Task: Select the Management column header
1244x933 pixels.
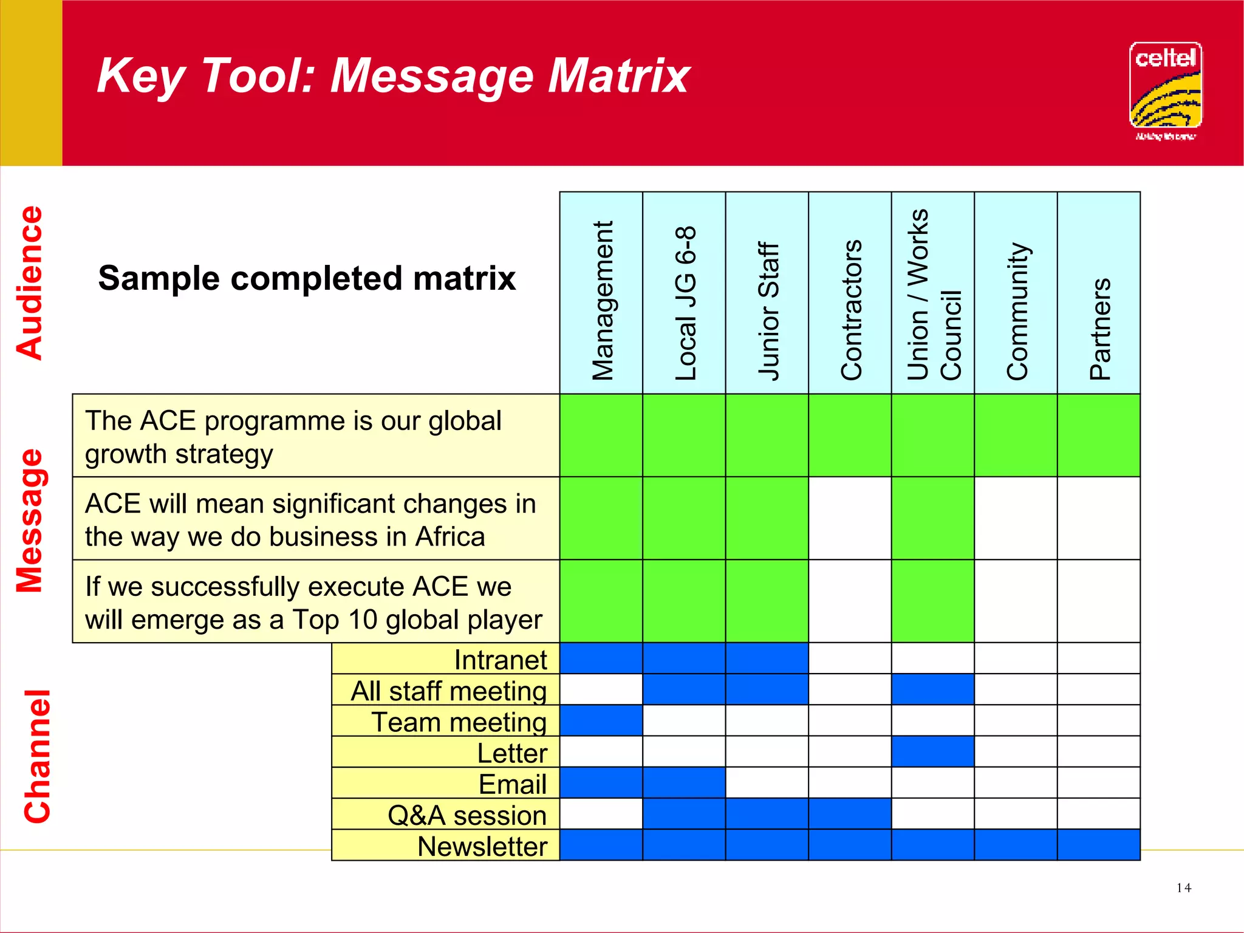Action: tap(601, 300)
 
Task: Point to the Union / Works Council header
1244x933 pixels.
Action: tap(933, 294)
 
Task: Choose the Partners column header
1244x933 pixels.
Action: tap(1099, 328)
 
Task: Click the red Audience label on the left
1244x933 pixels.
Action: tap(30, 282)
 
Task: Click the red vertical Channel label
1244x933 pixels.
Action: tap(36, 756)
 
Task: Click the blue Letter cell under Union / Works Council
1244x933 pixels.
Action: tap(932, 751)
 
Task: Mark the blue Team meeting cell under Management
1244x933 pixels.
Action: tap(601, 720)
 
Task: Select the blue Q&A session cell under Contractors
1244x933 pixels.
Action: tap(850, 814)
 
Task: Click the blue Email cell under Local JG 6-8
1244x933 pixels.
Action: tap(684, 783)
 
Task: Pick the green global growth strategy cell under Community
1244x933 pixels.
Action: tap(1016, 435)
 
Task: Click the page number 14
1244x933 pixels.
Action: tap(1183, 888)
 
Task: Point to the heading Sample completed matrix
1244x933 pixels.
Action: tap(307, 278)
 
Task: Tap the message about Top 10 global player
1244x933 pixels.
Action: tap(313, 602)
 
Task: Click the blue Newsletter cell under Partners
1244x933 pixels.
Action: tap(1098, 845)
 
